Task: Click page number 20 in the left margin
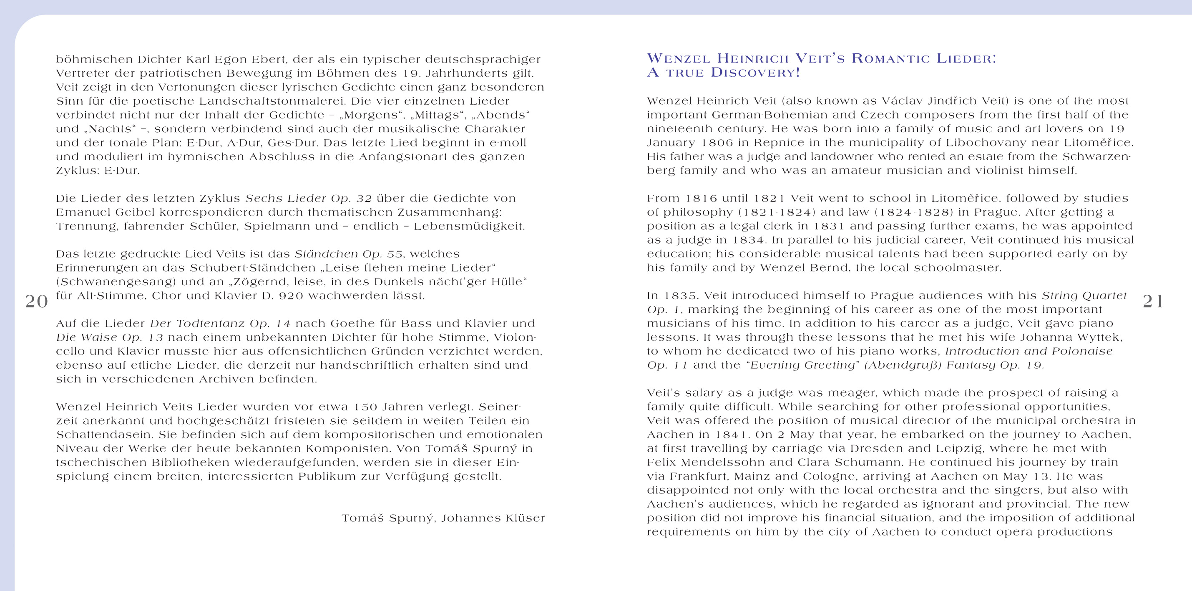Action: [37, 301]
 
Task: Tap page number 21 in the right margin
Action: [1153, 301]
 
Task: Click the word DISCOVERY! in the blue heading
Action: [755, 73]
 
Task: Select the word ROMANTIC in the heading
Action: [890, 59]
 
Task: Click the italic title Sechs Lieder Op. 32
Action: [308, 199]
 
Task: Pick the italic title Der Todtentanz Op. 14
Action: [220, 324]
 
